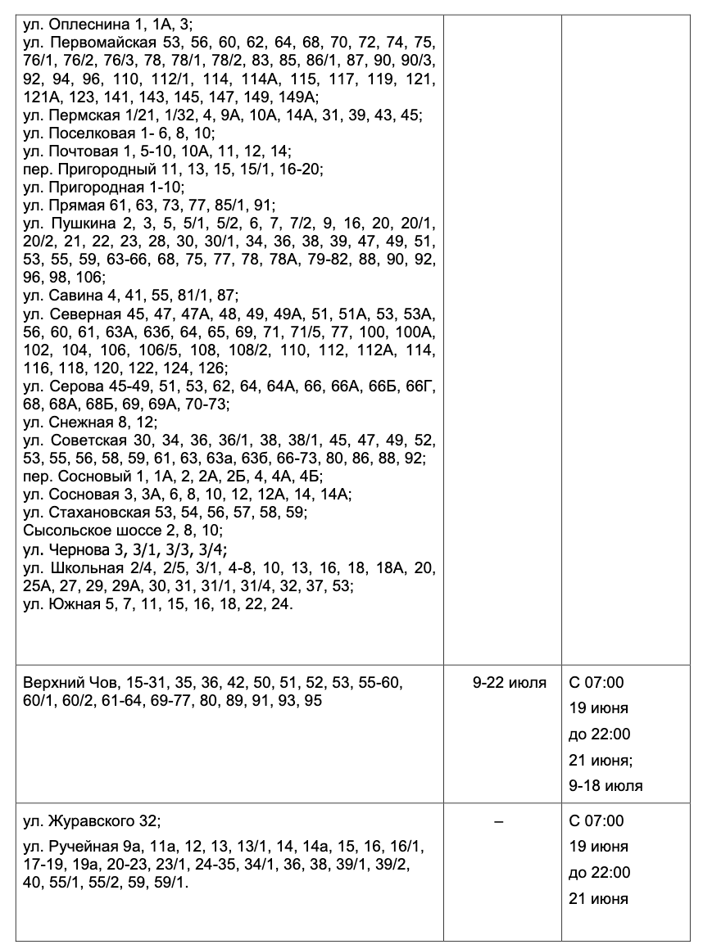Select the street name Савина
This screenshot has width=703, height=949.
point(74,296)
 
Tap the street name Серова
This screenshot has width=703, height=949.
point(76,386)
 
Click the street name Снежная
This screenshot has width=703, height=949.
point(79,422)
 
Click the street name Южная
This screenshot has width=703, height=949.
point(73,603)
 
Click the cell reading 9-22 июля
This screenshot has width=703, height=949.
point(509,683)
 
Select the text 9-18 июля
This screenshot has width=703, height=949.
point(605,786)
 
